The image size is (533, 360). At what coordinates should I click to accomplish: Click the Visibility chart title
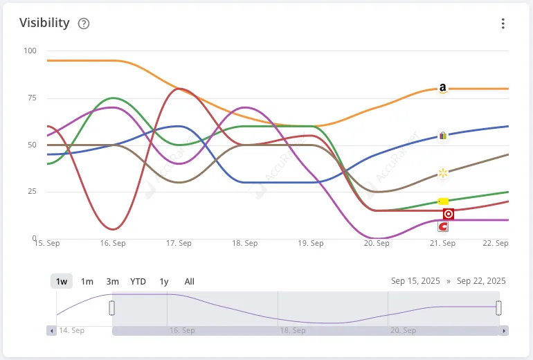(x=44, y=23)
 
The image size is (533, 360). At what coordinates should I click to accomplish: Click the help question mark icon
(x=84, y=24)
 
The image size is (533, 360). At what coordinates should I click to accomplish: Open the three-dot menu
(x=503, y=24)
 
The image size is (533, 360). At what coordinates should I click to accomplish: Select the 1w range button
(x=62, y=281)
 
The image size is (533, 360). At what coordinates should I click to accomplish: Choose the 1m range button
(x=87, y=281)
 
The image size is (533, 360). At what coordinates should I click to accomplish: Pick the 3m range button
(x=112, y=281)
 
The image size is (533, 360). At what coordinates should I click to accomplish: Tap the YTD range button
(x=138, y=281)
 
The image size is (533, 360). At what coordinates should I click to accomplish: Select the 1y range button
(x=164, y=281)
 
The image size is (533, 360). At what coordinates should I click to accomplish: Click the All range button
(x=190, y=281)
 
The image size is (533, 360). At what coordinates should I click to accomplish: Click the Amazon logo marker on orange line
(x=443, y=89)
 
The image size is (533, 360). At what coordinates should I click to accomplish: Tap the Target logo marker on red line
(x=449, y=214)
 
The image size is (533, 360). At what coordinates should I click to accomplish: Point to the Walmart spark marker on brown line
(x=443, y=172)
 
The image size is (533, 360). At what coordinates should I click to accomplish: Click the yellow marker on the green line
(x=444, y=201)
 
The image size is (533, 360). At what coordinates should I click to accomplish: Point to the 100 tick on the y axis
(x=30, y=51)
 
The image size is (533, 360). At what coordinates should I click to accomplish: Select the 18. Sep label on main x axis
(x=245, y=244)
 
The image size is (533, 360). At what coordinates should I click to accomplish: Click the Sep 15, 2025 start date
(x=415, y=281)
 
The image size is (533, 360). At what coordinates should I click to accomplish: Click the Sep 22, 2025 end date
(x=482, y=281)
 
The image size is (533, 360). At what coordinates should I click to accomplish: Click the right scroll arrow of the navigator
(x=504, y=331)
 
